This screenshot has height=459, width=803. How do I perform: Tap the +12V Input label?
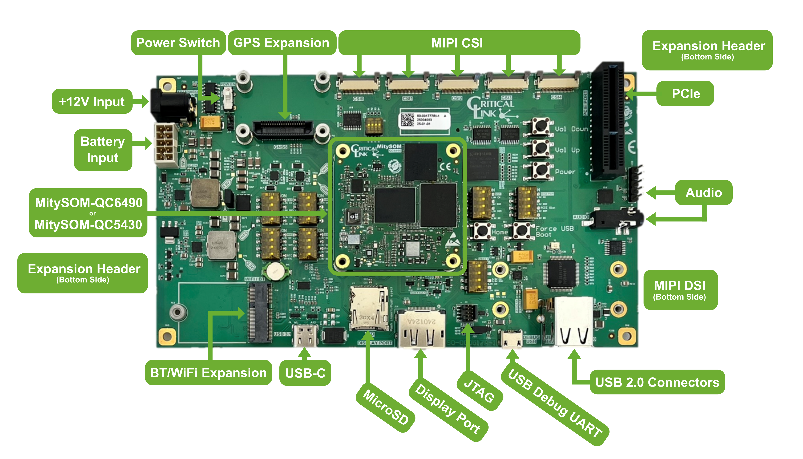pos(92,101)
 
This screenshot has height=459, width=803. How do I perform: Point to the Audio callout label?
pos(704,192)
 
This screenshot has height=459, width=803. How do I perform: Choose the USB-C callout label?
pos(305,373)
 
